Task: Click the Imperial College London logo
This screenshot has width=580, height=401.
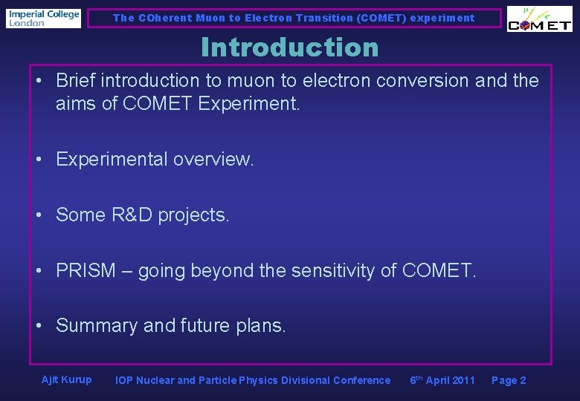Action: point(44,18)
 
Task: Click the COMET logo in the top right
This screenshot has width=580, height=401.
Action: point(539,19)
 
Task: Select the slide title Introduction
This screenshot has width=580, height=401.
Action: point(289,48)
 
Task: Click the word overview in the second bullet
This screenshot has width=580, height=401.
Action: point(215,159)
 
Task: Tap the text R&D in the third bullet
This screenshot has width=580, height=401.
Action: point(126,215)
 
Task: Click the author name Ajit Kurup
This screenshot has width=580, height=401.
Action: point(67,379)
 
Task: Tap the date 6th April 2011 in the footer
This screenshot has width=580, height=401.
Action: point(442,380)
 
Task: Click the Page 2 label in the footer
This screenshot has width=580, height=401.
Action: point(509,380)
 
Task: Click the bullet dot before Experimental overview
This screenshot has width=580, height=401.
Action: point(42,160)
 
